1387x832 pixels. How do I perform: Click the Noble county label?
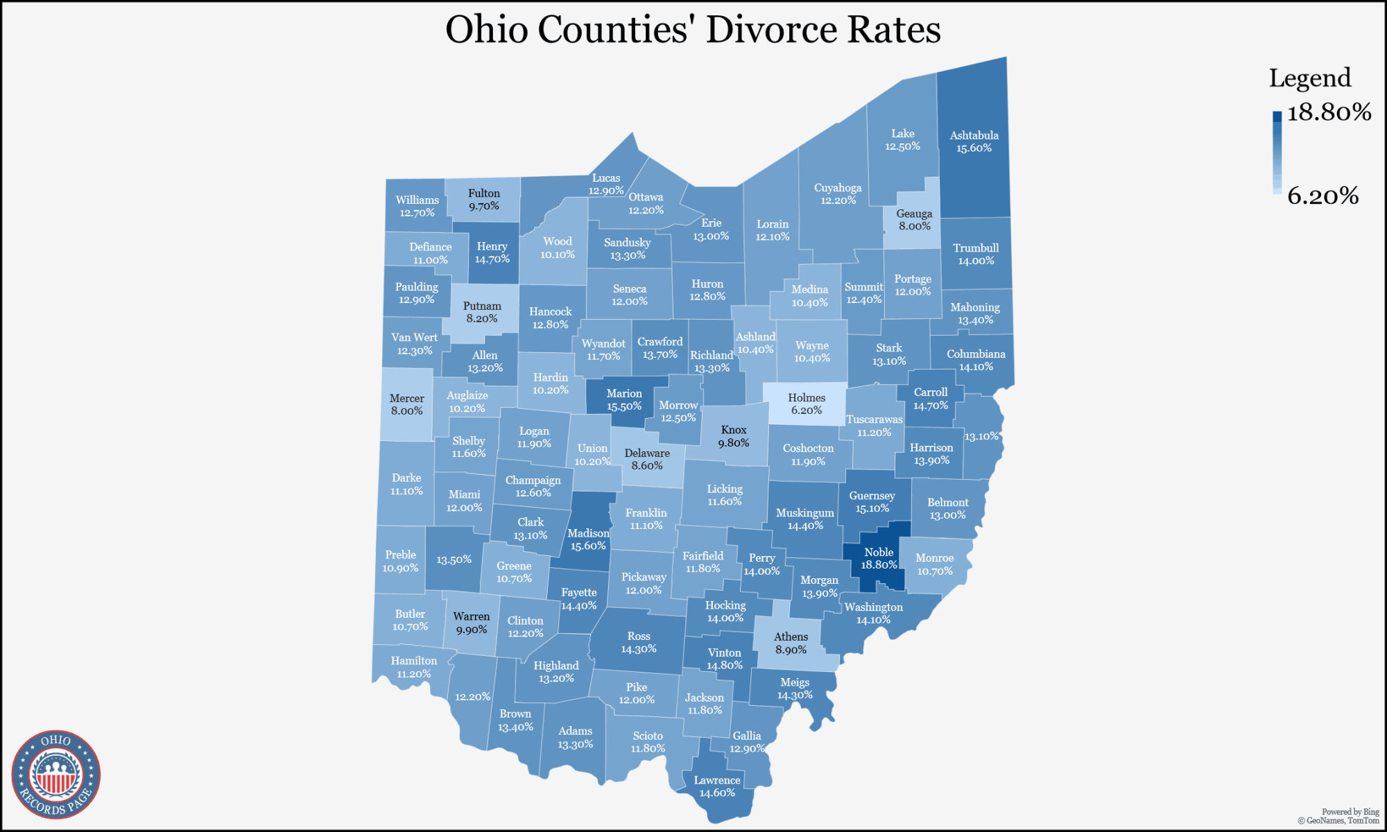tap(879, 552)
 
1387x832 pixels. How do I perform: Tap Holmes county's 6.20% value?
tap(807, 410)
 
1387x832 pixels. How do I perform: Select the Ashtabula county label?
tap(974, 135)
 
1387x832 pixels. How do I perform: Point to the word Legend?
tap(1309, 78)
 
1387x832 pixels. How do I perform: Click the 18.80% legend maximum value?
tap(1329, 112)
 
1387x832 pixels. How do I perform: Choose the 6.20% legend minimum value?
tap(1323, 196)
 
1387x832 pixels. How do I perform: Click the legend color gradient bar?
tap(1277, 152)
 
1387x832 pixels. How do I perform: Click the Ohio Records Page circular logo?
tap(56, 774)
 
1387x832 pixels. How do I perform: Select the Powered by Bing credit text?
tap(1350, 811)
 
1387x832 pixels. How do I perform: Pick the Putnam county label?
tap(482, 306)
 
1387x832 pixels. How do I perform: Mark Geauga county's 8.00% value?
tap(914, 226)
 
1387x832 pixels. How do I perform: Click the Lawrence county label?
tap(717, 780)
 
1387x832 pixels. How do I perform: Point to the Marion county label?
tap(624, 393)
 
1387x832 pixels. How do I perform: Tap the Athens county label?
tap(791, 636)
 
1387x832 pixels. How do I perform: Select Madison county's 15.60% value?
tap(588, 546)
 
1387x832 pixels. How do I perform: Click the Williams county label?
tap(417, 200)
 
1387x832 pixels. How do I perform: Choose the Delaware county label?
tap(647, 453)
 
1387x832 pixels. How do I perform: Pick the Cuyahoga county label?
tap(838, 187)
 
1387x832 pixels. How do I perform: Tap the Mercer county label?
tap(406, 398)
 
